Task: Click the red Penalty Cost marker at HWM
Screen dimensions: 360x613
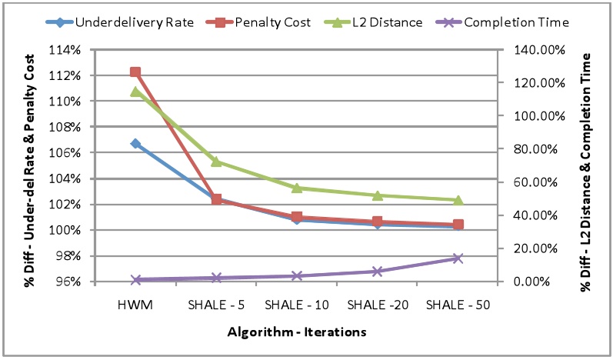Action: (135, 72)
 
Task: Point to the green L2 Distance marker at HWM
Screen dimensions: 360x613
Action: (135, 92)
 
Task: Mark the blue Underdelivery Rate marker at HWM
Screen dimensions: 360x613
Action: (135, 143)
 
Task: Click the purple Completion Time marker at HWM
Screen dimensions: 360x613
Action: (135, 280)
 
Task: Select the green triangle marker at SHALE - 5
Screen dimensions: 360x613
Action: (216, 162)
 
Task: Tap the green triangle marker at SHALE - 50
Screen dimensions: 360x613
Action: (458, 200)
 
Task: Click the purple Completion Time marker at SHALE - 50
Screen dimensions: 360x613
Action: (458, 258)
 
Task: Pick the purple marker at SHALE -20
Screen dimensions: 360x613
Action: (377, 272)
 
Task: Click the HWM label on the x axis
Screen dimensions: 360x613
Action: (135, 305)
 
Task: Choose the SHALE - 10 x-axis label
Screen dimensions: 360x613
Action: (297, 305)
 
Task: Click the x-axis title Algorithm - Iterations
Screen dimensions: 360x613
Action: (296, 332)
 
